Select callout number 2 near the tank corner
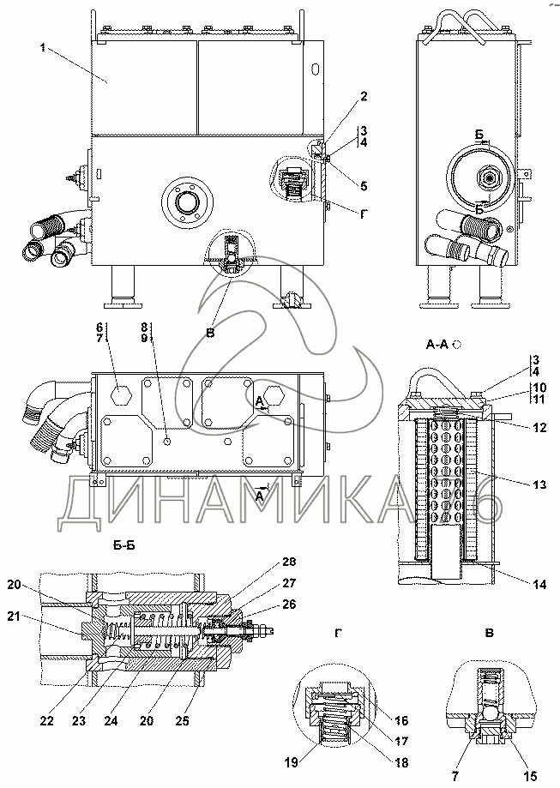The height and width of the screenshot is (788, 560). [x=364, y=96]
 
